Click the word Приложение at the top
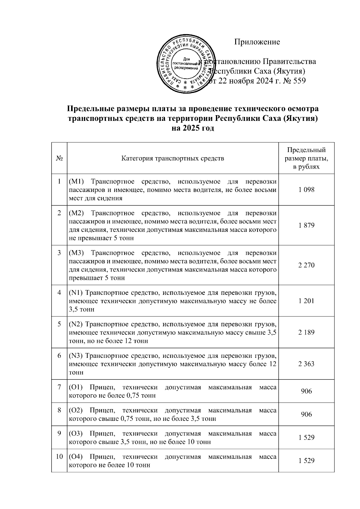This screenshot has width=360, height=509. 257,42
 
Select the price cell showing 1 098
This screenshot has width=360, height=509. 306,190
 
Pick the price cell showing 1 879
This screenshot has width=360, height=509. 306,225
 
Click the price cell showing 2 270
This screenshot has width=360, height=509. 306,265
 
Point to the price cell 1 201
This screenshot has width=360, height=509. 306,301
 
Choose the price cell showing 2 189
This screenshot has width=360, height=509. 306,332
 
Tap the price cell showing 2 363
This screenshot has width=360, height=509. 306,364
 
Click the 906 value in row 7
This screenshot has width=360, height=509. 306,391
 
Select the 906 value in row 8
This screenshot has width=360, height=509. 306,414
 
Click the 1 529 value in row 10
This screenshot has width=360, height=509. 306,461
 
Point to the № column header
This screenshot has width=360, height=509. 59,158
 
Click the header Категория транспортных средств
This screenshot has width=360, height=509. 172,158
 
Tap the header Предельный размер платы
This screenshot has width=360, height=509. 306,158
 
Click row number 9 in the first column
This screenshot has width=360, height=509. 59,433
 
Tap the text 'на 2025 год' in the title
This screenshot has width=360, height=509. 193,128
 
